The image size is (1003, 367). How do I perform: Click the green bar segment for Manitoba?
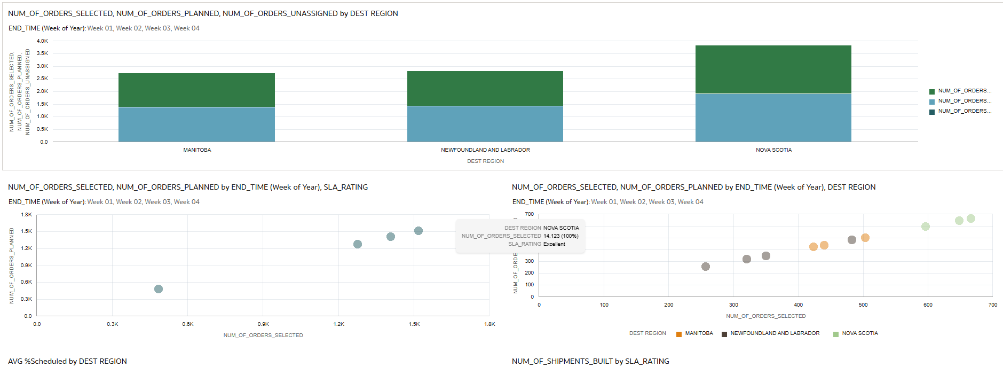(196, 90)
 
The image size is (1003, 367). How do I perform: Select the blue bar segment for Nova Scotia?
(773, 118)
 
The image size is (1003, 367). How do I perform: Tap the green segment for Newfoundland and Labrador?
(485, 88)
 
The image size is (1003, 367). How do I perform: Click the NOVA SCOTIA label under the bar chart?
(773, 150)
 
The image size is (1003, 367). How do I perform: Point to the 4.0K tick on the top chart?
(42, 41)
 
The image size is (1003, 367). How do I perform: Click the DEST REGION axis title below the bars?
(485, 161)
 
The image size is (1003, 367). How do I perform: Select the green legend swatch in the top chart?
(932, 91)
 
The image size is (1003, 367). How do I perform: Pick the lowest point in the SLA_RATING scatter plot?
(159, 289)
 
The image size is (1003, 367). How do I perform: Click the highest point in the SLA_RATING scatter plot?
(418, 231)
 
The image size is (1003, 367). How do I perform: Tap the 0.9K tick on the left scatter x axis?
(263, 324)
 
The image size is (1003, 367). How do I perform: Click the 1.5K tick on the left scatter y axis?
(26, 231)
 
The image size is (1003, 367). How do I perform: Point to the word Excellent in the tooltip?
(554, 244)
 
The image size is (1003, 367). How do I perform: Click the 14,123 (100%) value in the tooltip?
(560, 236)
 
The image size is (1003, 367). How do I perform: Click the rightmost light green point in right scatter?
(971, 218)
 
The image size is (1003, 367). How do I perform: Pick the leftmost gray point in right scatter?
(706, 267)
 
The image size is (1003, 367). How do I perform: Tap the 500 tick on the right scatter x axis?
(863, 305)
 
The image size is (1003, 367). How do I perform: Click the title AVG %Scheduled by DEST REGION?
(68, 362)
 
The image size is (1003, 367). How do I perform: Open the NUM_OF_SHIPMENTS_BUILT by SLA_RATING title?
(590, 362)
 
